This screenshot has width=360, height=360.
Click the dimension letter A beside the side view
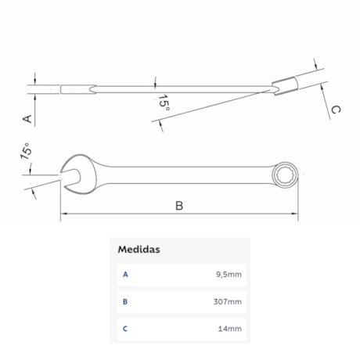tap(27, 119)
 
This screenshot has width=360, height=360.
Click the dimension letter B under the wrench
tap(179, 206)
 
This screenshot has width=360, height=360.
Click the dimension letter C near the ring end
tap(336, 110)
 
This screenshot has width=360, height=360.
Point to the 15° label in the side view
tap(164, 103)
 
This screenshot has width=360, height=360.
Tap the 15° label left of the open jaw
tap(26, 151)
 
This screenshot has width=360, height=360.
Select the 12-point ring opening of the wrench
tap(285, 175)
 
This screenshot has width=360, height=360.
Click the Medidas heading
tap(139, 250)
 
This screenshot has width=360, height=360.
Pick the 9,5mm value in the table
tap(229, 275)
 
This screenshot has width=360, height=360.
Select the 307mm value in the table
tap(228, 301)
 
